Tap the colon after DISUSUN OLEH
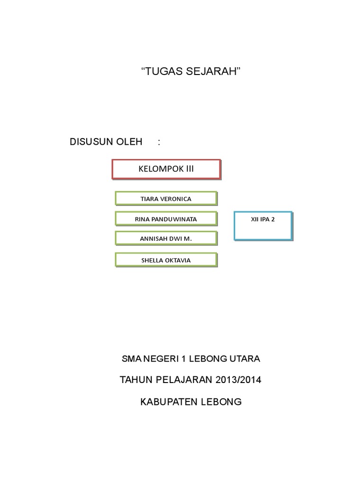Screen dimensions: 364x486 click(159, 141)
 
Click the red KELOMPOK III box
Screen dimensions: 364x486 click(166, 169)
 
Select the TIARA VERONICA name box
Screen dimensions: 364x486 click(166, 198)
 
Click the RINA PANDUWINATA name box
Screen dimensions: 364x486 click(166, 219)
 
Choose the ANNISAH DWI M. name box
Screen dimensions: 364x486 click(166, 238)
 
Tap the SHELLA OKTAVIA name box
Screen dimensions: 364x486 click(166, 260)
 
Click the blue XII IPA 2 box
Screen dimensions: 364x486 click(263, 225)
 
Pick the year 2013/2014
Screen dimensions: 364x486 click(238, 380)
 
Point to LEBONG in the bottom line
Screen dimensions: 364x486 click(222, 402)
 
